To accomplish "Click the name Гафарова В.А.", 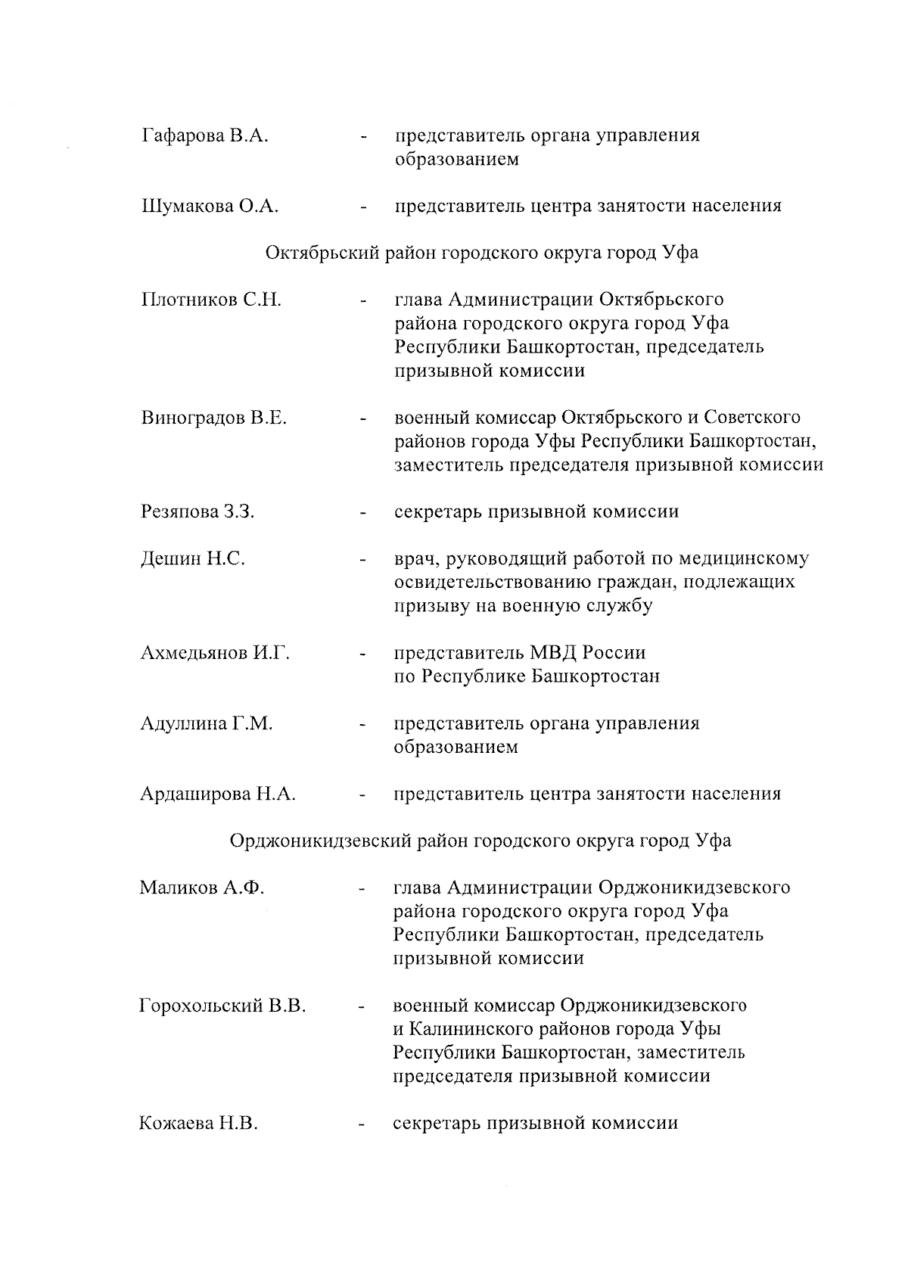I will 205,136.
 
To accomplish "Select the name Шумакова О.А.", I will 210,207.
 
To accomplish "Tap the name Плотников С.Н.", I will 211,300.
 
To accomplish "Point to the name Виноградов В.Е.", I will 214,418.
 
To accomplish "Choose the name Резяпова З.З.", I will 198,512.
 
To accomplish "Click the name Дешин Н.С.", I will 193,559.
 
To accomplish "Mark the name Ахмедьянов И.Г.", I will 216,653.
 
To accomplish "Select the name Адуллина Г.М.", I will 207,724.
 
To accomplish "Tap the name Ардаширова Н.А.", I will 218,794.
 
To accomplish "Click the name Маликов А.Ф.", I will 202,888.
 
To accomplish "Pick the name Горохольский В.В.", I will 223,1006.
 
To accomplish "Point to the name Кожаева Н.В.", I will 199,1124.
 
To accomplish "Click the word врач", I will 415,559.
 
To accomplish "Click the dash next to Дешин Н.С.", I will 364,561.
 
